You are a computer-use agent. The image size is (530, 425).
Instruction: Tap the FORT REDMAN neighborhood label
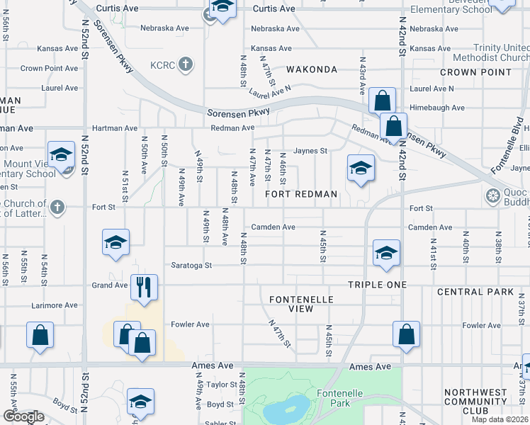[x=301, y=193]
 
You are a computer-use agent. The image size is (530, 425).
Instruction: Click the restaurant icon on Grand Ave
[x=144, y=287]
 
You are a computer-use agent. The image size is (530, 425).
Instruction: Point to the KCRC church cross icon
[x=186, y=64]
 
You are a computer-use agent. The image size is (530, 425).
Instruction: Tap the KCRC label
[x=162, y=64]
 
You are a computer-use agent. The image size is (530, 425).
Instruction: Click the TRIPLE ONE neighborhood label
[x=377, y=284]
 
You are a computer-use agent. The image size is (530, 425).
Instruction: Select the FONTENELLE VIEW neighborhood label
[x=301, y=304]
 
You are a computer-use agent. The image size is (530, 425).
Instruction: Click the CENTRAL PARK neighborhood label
[x=475, y=291]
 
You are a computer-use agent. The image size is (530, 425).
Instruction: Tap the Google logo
[x=23, y=416]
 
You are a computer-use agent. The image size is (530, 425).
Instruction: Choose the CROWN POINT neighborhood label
[x=475, y=72]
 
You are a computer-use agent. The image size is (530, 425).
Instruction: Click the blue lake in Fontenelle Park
[x=286, y=409]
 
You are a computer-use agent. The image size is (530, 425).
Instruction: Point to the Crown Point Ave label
[x=48, y=69]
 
